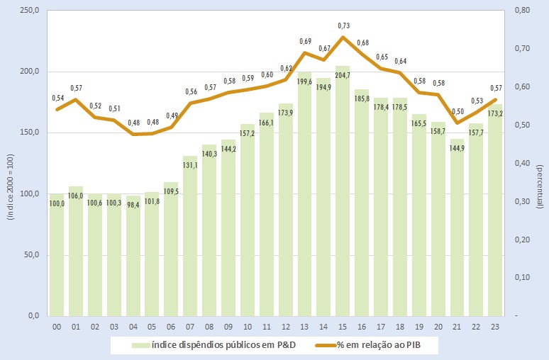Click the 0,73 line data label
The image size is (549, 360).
(x=343, y=25)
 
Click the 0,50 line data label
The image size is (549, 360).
(x=457, y=111)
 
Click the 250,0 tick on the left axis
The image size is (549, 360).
(x=29, y=11)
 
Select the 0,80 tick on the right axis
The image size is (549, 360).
(x=520, y=11)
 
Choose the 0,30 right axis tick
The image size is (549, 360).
(x=520, y=201)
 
